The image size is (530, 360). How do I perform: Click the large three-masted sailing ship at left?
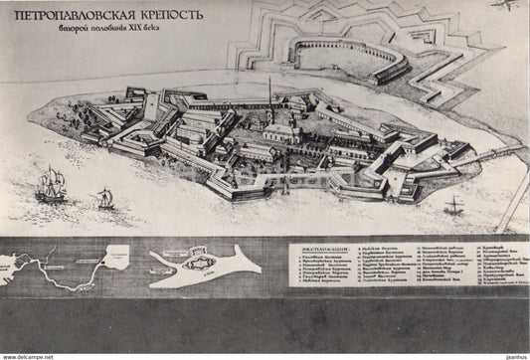52,185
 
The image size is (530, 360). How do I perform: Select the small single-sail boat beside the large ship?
104,198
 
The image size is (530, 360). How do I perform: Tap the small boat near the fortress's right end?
453,205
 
